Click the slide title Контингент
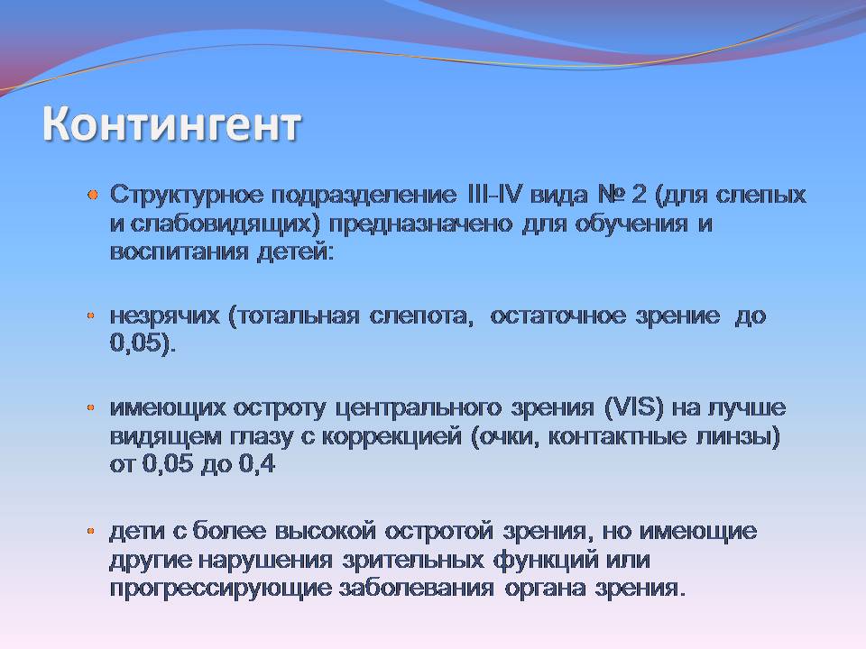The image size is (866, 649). (x=171, y=123)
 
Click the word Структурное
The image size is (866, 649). (x=185, y=196)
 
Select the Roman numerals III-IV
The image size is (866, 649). (x=493, y=195)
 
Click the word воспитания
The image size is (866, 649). (x=179, y=252)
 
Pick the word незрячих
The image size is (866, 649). (x=164, y=316)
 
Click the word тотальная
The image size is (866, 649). (x=294, y=316)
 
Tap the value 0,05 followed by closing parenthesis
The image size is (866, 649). (x=143, y=343)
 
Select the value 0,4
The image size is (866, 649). (x=257, y=463)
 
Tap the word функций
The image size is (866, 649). (x=546, y=561)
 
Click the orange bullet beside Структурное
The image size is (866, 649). (x=93, y=195)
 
